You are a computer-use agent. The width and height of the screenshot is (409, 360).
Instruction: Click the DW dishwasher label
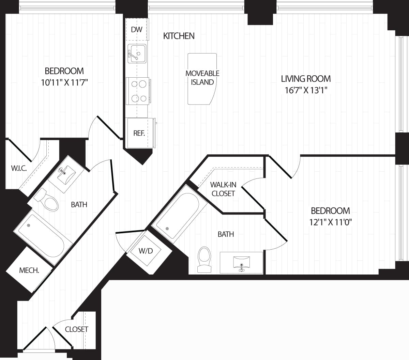pos(136,30)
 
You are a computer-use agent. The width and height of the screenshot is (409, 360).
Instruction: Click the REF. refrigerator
pos(139,133)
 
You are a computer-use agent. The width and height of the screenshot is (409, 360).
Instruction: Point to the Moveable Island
pos(202,78)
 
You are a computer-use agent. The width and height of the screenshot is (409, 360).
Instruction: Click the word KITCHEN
pos(179,36)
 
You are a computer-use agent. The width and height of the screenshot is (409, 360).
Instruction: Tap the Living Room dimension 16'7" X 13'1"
pos(306,90)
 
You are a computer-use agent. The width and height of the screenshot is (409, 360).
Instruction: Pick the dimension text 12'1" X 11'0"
pos(330,222)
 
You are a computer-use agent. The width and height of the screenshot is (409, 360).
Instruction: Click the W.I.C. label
pos(19,168)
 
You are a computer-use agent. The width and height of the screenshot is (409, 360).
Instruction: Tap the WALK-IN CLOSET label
pos(223,189)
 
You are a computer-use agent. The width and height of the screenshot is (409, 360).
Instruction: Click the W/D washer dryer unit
pos(146,251)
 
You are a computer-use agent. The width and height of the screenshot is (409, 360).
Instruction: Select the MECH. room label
pos(29,270)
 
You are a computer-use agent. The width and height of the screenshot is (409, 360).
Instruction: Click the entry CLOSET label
pos(77,329)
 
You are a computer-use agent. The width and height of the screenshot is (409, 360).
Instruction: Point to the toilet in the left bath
pos(49,200)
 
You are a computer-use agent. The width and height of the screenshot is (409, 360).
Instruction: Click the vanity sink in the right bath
pos(242,262)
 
